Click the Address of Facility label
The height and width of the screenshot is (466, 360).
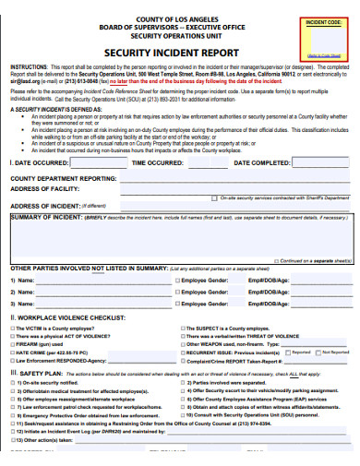45,187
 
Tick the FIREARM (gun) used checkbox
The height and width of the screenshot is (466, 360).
13,343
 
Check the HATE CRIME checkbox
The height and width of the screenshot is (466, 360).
13,352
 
